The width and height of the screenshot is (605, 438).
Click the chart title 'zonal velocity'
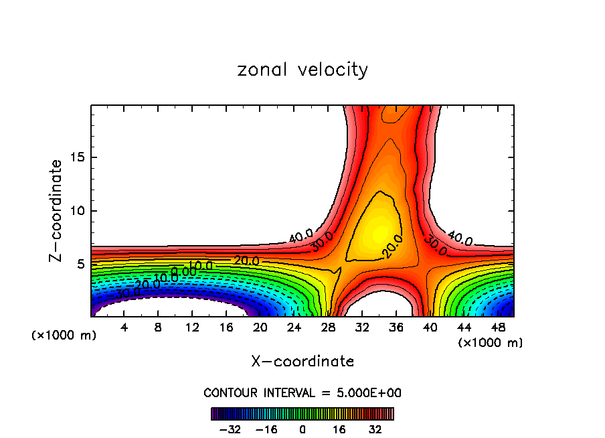(302, 70)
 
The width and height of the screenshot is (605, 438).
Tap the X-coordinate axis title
(302, 362)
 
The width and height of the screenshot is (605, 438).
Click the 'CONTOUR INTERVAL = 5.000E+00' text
(302, 392)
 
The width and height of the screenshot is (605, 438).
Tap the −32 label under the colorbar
(234, 429)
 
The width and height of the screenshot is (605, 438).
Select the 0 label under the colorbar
(302, 429)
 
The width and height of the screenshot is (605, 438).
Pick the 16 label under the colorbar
(339, 429)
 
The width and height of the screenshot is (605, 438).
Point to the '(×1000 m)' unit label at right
(490, 343)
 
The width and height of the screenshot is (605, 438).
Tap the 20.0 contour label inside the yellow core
(393, 247)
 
